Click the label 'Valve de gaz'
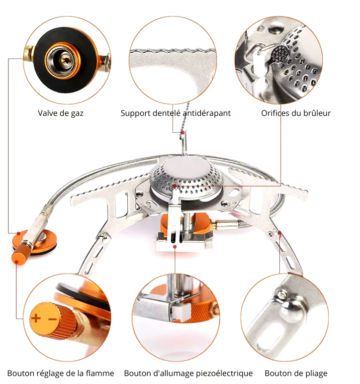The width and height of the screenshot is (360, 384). tap(61, 113)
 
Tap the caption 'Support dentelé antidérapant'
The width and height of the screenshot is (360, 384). tap(176, 113)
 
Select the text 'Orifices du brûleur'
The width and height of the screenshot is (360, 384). tap(296, 113)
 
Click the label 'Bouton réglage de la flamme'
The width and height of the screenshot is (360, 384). tap(61, 373)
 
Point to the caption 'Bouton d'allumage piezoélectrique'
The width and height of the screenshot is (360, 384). tap(188, 373)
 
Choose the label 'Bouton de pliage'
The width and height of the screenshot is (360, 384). tap(296, 373)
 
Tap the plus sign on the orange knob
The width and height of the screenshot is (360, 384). tap(37, 318)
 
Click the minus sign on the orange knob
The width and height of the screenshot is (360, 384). tap(52, 318)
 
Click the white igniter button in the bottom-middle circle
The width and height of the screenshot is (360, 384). tap(178, 312)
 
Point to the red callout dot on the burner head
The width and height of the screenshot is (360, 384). tap(175, 186)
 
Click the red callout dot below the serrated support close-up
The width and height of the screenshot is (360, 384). tap(182, 133)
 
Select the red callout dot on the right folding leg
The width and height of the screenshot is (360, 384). tap(280, 232)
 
